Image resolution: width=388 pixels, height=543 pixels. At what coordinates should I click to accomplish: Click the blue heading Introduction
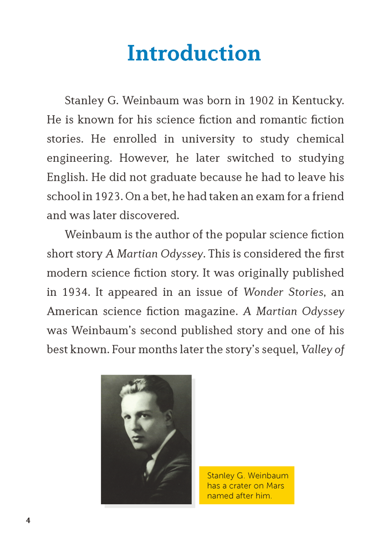coord(193,53)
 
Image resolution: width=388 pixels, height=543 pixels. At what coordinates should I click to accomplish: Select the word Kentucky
coord(316,101)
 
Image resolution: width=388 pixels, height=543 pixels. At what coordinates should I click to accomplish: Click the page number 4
coord(28,521)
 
